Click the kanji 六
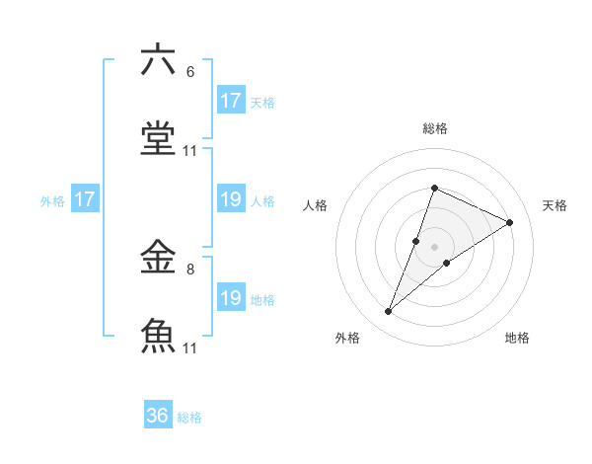[x=159, y=61]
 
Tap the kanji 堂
[x=159, y=140]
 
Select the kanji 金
[x=159, y=258]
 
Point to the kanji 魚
[x=159, y=337]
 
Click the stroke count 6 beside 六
[x=190, y=72]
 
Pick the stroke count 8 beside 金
[x=190, y=269]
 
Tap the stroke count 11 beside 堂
[x=190, y=151]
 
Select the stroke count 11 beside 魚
[x=190, y=348]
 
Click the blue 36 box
[x=158, y=416]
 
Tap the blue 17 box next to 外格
[x=85, y=199]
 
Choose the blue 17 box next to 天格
[x=231, y=101]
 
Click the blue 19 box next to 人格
[x=231, y=199]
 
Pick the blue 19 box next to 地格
[x=231, y=298]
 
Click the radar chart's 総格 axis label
[x=435, y=128]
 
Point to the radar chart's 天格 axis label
[x=555, y=205]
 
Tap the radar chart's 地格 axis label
[x=517, y=338]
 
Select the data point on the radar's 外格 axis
[x=389, y=312]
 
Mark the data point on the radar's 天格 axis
[x=510, y=223]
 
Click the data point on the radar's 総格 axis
[x=434, y=188]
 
